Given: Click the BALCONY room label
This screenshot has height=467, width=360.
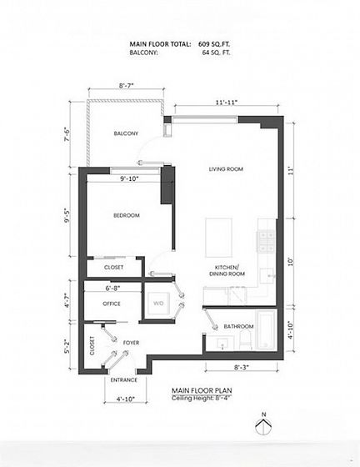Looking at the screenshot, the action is click(126, 133).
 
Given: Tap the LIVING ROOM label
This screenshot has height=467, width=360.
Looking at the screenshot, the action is click(226, 169).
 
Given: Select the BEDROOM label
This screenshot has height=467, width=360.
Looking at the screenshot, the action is click(127, 215).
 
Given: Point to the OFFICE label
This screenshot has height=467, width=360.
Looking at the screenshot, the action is click(112, 304).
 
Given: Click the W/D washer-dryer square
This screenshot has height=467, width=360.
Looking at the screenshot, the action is click(159, 304).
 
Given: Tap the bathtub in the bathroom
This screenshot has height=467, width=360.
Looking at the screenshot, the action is click(266, 330).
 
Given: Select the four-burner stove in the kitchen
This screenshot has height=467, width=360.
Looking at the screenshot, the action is click(266, 242).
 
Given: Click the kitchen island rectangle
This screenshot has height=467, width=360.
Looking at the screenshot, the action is click(218, 238).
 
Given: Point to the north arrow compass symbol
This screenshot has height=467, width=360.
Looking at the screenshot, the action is click(263, 425).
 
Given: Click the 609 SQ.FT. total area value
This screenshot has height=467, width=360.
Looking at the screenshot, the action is click(214, 44).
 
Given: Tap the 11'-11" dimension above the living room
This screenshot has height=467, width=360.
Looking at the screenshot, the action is click(227, 102).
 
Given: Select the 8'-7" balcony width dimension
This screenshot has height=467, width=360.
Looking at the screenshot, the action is click(127, 85).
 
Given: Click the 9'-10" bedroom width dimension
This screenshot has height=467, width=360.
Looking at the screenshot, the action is click(129, 178).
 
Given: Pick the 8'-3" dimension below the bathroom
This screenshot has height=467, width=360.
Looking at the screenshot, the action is click(242, 367).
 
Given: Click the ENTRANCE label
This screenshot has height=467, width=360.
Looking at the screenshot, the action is click(124, 380).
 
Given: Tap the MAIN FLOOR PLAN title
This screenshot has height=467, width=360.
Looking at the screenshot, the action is click(202, 390).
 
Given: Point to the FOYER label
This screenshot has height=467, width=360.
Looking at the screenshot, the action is click(131, 343).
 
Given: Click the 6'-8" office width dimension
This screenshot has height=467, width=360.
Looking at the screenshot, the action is click(112, 289).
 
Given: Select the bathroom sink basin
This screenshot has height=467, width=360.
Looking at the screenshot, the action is click(222, 344).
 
